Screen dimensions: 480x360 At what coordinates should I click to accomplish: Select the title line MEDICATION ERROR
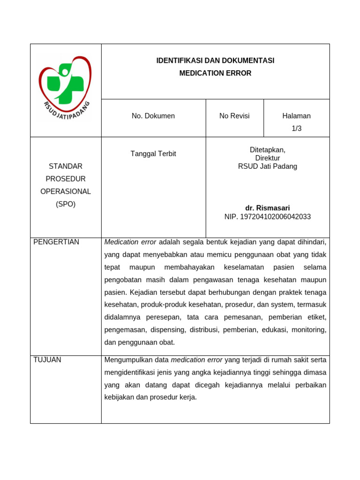[215, 73]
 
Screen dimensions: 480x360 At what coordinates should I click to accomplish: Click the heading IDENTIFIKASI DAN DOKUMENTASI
[215, 60]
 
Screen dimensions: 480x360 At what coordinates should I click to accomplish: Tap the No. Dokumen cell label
[153, 116]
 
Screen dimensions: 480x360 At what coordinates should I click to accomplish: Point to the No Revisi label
[234, 116]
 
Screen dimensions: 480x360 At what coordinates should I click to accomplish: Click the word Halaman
[296, 116]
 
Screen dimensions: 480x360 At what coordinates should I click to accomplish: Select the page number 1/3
[296, 128]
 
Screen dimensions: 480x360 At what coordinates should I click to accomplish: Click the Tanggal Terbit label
[153, 154]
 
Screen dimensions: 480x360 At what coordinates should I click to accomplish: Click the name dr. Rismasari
[267, 208]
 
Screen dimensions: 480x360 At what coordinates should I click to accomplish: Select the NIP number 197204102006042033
[275, 217]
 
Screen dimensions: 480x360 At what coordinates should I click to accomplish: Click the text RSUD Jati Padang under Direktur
[267, 166]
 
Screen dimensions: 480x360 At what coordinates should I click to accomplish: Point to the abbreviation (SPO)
[66, 204]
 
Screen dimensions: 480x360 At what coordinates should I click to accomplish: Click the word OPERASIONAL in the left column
[66, 191]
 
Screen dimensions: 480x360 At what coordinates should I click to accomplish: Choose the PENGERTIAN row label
[56, 242]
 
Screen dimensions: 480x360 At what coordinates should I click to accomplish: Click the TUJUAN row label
[47, 360]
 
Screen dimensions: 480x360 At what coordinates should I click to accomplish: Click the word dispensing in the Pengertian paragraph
[169, 330]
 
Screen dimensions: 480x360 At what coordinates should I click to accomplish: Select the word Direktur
[267, 158]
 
